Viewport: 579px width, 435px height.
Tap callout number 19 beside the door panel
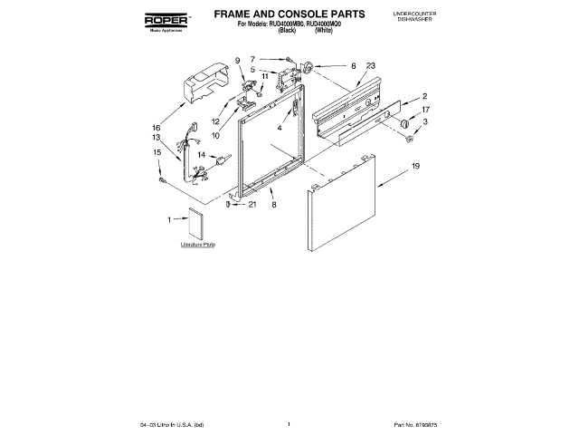[x=415, y=167]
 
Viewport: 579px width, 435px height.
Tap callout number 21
[x=252, y=204]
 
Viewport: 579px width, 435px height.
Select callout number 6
[x=353, y=65]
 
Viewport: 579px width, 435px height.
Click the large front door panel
[x=347, y=208]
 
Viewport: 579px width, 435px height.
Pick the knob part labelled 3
[x=409, y=138]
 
